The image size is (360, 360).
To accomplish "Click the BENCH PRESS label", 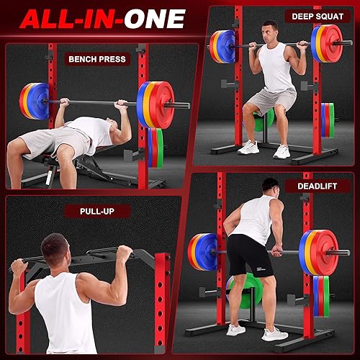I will (96, 59).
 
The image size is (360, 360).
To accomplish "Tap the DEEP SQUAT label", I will (317, 16).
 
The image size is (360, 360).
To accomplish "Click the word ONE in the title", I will (155, 18).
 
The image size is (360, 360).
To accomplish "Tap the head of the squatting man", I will (269, 33).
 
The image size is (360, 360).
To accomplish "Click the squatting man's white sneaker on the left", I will (248, 147).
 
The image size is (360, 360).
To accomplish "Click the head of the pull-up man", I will (55, 249).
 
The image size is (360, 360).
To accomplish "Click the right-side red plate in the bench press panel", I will (161, 104).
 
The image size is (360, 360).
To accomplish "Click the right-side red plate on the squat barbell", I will (332, 43).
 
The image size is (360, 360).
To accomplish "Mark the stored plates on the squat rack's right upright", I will (328, 120).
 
